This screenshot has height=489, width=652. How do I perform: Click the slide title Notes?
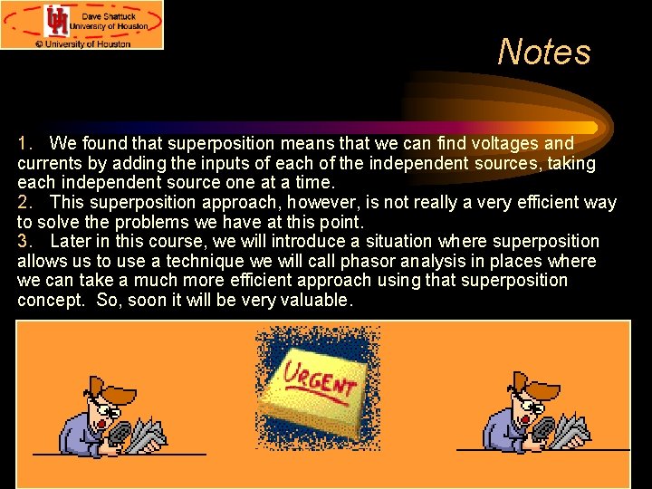543,52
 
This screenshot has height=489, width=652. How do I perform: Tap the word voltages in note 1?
510,143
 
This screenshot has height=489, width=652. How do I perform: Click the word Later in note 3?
71,241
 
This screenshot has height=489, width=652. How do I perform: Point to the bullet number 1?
24,143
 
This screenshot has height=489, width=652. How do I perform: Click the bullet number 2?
24,202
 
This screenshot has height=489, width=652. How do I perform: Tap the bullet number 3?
24,241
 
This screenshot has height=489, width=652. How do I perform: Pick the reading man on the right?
533,414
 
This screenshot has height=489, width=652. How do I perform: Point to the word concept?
50,300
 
